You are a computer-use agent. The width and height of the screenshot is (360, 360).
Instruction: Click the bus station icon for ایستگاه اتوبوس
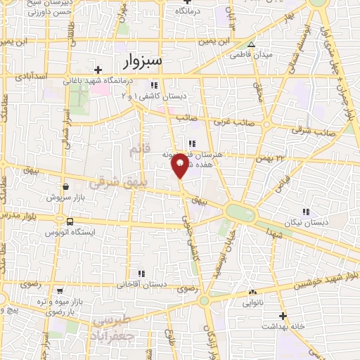coord(68,221)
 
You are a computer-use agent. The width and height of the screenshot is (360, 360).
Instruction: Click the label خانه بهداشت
coord(283,327)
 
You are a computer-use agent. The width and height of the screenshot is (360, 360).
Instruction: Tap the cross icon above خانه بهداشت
coord(283,316)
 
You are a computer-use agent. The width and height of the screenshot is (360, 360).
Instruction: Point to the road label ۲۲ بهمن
coord(279,157)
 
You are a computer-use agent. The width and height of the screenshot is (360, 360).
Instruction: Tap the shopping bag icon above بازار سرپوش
coord(65,187)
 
